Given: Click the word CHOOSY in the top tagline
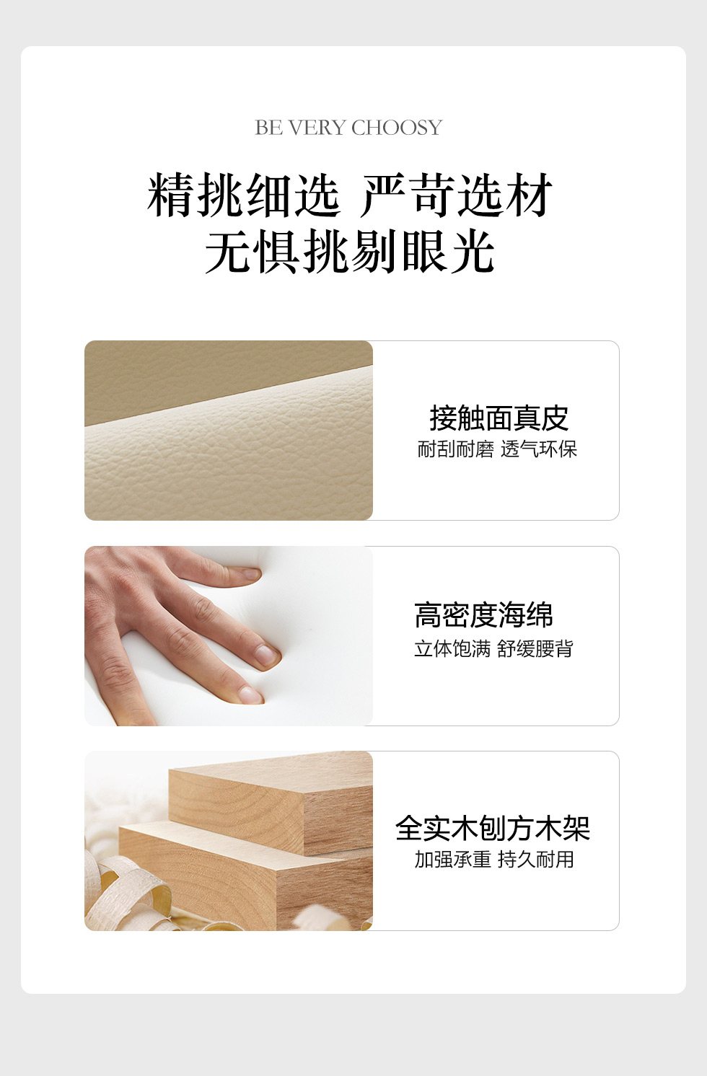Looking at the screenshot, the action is click(x=397, y=128).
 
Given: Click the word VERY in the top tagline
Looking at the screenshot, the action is click(x=317, y=128).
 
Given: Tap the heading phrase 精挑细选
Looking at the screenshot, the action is click(x=244, y=195).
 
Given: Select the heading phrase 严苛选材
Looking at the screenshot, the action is click(x=457, y=195).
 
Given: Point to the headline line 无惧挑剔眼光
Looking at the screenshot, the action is click(x=350, y=251).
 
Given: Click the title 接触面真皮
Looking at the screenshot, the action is click(x=499, y=418).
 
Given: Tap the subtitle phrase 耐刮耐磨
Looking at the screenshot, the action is click(x=456, y=449).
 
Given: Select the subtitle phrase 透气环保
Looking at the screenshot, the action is click(x=539, y=449).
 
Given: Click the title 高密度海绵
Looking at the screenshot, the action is click(x=483, y=615).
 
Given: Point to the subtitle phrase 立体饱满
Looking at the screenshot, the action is click(x=452, y=648).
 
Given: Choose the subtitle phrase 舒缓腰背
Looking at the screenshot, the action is click(x=535, y=648).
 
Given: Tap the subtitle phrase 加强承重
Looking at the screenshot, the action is click(x=453, y=860).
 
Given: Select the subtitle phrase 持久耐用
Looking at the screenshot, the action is click(x=536, y=860).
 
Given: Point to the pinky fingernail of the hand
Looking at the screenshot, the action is click(x=251, y=573).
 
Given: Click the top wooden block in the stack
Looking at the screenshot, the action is click(x=271, y=801).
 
